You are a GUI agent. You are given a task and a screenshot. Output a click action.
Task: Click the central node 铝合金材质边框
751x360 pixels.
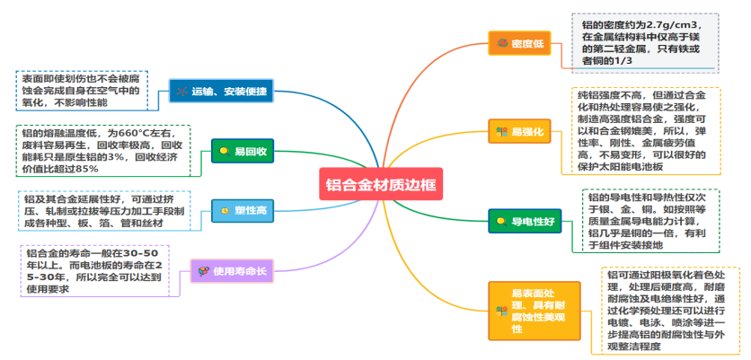tap(381, 185)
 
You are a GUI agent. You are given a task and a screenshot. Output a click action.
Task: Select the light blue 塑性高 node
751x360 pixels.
tap(243, 210)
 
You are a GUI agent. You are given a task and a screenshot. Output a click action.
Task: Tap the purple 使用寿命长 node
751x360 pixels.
tap(232, 270)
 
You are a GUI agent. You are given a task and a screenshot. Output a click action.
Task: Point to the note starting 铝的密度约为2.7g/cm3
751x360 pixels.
tap(643, 42)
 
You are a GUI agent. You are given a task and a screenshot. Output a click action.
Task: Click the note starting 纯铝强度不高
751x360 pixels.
tap(645, 130)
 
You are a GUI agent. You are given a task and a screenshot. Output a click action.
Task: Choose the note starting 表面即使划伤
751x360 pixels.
tap(81, 91)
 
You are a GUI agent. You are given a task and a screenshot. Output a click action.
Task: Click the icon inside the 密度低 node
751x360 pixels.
tap(501, 43)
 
